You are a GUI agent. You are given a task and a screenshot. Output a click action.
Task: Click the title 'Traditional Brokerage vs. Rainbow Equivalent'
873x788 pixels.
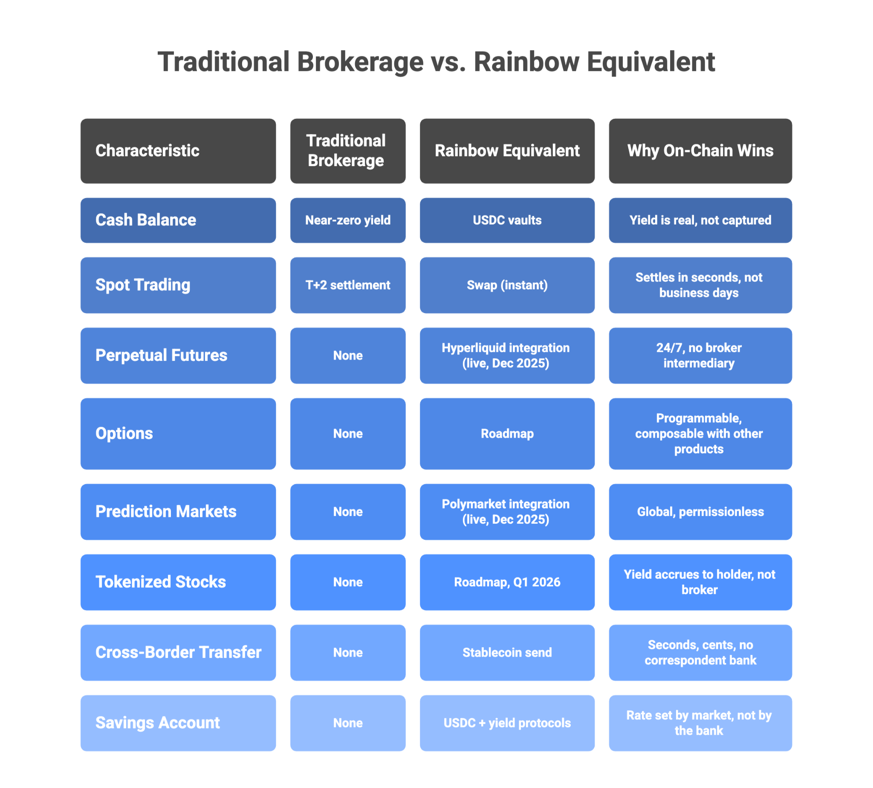tap(436, 62)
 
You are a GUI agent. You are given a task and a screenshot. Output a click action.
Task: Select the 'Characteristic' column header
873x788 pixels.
tap(178, 151)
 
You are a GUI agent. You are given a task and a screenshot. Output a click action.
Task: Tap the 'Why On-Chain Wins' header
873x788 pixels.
tap(700, 151)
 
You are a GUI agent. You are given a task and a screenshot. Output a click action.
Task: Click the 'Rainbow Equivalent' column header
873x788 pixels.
tap(507, 151)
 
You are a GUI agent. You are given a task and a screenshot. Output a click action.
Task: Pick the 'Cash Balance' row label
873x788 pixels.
tap(178, 220)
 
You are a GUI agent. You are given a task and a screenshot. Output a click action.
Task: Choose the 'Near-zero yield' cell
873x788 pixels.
tap(348, 220)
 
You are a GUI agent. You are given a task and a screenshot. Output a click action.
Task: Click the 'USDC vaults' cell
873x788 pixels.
tap(507, 220)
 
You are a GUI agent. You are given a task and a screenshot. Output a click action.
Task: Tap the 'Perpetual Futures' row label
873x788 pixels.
tap(178, 355)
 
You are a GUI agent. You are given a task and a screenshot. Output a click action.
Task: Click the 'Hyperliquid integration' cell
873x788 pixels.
tap(507, 355)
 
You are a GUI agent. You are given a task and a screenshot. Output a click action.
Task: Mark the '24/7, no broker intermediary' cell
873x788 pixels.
tap(700, 355)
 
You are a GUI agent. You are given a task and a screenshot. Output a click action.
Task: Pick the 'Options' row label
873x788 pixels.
tap(178, 433)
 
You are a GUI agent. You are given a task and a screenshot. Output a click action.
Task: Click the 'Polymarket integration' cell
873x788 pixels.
tap(507, 512)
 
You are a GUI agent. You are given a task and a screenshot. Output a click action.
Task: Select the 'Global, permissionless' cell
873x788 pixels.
tap(700, 512)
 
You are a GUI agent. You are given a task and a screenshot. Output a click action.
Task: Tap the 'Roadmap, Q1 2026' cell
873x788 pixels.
tap(507, 582)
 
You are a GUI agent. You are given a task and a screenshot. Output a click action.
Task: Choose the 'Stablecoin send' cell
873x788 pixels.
tap(507, 652)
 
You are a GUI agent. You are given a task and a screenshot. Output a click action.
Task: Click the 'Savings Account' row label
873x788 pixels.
tap(178, 723)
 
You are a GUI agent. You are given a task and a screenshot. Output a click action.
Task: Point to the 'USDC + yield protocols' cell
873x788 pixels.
tap(507, 723)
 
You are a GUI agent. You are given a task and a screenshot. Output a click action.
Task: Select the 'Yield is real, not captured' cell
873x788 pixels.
tap(700, 220)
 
